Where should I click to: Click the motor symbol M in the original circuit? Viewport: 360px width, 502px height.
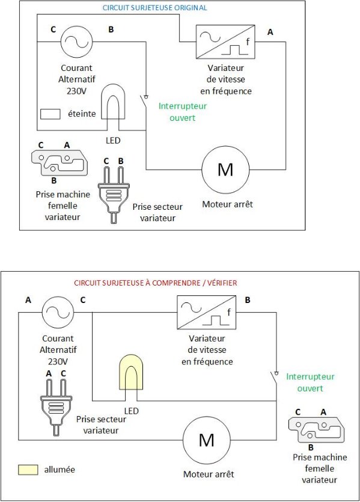[225, 170]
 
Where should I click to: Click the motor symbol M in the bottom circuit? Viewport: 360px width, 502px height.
[206, 440]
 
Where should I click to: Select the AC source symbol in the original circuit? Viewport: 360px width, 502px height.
[76, 41]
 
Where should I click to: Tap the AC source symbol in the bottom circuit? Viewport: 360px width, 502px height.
[58, 312]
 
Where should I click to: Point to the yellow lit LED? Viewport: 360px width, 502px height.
[131, 372]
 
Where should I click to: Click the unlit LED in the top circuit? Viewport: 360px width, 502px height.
[113, 102]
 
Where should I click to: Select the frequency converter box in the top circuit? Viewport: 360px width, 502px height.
[225, 41]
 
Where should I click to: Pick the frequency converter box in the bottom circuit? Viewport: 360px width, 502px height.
[206, 312]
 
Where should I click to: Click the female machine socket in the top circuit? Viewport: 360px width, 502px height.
[59, 164]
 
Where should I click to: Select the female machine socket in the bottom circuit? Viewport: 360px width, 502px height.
[317, 430]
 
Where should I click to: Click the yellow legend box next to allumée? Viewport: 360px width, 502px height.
[28, 470]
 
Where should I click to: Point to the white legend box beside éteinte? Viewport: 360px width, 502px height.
[50, 114]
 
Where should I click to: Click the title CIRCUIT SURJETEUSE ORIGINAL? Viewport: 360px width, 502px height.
[154, 8]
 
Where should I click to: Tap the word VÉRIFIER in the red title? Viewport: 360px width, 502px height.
[222, 283]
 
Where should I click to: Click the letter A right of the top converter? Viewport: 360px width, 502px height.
[270, 32]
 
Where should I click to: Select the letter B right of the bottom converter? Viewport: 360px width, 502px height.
[248, 301]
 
